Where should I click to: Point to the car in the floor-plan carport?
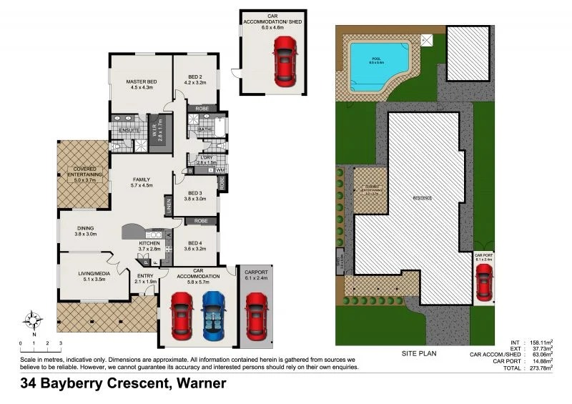(256, 315)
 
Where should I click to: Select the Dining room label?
(85, 230)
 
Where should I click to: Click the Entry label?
(145, 279)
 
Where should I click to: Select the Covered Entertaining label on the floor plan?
(85, 174)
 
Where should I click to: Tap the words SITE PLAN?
(420, 353)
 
